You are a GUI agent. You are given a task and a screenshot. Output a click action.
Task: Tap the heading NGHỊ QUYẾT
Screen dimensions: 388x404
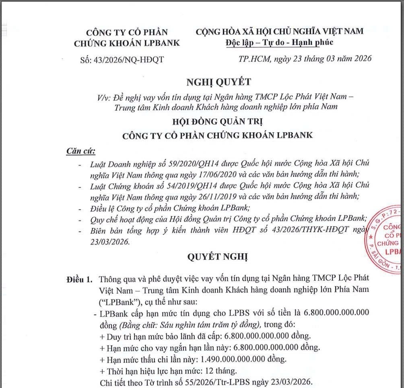(x=218, y=82)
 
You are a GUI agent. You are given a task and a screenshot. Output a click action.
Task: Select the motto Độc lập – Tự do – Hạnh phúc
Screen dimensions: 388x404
(x=280, y=42)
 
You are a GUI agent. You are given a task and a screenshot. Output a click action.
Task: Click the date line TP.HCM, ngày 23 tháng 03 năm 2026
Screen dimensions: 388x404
(x=305, y=59)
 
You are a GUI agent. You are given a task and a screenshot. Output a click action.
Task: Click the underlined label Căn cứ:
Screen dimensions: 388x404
(x=80, y=152)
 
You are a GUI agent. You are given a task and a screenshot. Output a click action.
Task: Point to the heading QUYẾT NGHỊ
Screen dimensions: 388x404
(x=218, y=256)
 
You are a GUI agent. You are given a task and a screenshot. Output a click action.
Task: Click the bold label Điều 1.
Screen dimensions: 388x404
(x=79, y=279)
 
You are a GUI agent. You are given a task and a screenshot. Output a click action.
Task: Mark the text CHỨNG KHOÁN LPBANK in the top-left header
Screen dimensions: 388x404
(x=127, y=43)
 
